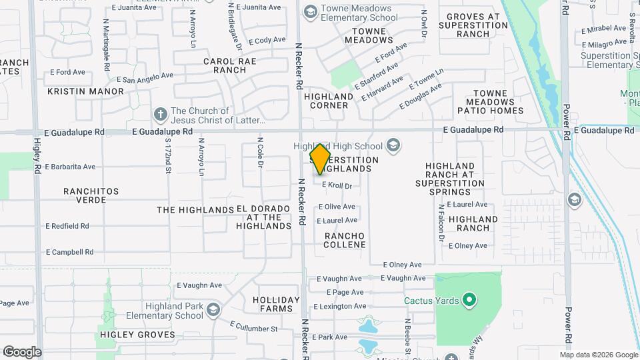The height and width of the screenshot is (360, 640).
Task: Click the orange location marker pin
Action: coord(321,159)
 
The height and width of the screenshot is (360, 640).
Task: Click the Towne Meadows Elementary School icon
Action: coord(310,12)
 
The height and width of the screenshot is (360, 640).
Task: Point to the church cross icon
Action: coord(160,115)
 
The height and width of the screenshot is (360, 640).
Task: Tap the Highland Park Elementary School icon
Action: coord(213,309)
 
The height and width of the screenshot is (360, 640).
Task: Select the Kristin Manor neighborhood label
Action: coord(86,91)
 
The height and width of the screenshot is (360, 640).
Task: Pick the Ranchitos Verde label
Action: coord(91,195)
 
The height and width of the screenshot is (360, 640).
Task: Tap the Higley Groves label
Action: coord(127,334)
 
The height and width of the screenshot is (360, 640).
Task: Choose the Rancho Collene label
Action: coord(345,240)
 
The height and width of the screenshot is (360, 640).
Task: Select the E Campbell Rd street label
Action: coord(69,253)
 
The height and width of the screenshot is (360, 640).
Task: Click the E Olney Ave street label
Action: coord(403,265)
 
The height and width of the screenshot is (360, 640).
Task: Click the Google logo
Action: coord(22,351)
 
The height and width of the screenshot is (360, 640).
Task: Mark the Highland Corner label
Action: coord(327,101)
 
